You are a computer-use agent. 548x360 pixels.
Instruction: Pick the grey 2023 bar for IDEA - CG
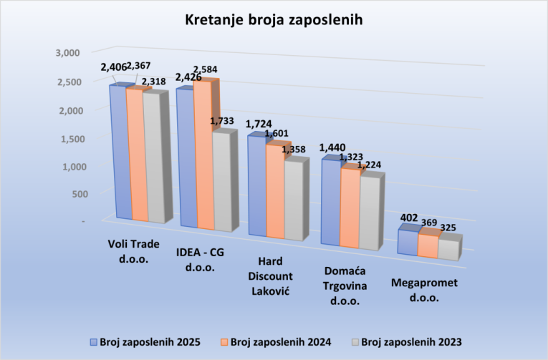tap(220, 183)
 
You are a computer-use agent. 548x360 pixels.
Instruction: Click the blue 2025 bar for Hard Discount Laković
tap(257, 186)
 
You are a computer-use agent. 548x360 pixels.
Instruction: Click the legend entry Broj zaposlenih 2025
tap(144, 341)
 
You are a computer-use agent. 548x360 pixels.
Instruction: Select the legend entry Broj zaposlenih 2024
tap(274, 341)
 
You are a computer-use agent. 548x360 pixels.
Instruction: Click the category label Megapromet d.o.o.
tap(424, 288)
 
